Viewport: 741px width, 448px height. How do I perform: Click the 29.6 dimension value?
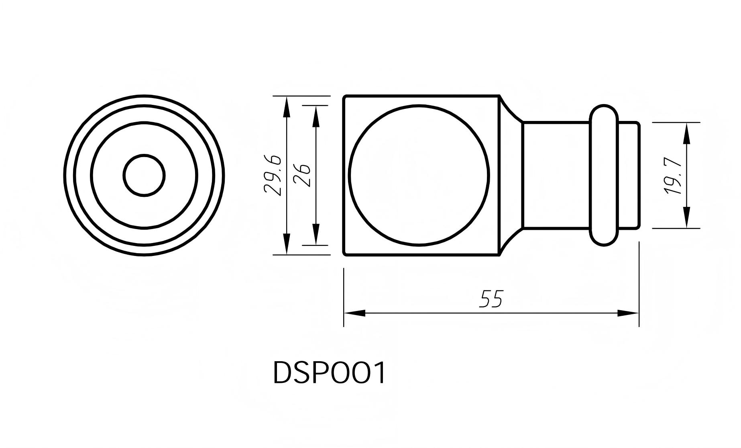pos(273,176)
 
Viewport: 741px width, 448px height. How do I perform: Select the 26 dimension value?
pos(302,176)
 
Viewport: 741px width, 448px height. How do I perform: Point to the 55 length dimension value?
pos(491,299)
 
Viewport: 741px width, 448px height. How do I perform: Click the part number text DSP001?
pos(329,373)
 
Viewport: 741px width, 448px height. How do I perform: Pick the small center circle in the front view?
pos(144,176)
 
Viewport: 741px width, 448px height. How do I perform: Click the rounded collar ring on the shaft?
pos(604,176)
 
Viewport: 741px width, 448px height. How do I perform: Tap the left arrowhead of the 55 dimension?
pos(355,313)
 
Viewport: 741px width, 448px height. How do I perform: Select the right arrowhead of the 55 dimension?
pos(628,313)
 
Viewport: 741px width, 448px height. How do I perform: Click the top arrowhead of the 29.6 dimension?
pos(286,106)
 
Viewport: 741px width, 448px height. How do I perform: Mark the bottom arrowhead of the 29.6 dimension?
pos(286,244)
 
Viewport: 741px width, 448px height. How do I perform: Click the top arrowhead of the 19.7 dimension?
pos(686,133)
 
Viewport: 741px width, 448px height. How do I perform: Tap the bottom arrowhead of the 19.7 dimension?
pos(686,218)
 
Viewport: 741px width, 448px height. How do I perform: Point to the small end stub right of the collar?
pos(628,176)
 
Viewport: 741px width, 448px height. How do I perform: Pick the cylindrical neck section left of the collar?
pos(556,176)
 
